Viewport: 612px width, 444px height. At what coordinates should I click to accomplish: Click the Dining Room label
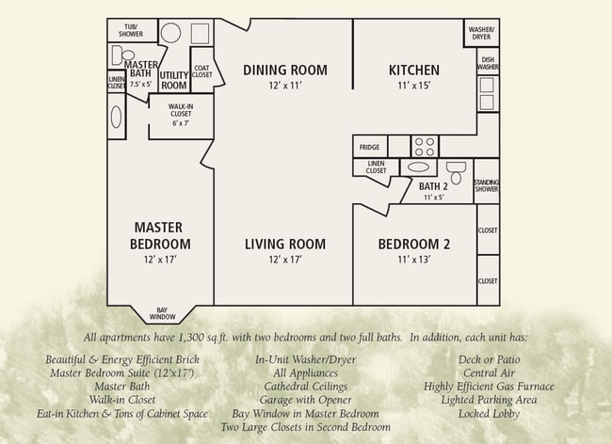coord(284,70)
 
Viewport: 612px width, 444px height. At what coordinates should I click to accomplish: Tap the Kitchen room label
coord(413,70)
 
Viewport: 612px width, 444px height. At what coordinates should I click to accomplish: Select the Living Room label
coord(284,245)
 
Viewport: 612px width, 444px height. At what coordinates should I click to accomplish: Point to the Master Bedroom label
coord(158,235)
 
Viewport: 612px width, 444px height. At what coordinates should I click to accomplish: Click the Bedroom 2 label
coord(413,245)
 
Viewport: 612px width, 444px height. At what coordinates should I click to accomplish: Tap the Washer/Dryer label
coord(481,33)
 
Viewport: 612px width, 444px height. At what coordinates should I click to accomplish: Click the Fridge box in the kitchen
coord(369,147)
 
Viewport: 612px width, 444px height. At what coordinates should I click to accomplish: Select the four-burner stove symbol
coord(425,147)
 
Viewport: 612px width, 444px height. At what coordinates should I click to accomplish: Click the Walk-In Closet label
coord(181,110)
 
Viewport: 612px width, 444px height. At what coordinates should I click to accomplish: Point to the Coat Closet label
coord(201,71)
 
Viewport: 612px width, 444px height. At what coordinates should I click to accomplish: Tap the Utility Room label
coord(174,79)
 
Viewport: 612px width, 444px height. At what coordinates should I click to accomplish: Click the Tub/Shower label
coord(131,30)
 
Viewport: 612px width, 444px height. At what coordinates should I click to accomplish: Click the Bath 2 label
coord(433,186)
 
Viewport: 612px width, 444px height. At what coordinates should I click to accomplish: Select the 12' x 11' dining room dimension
coord(284,86)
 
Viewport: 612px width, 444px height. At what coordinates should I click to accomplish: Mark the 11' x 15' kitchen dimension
coord(413,86)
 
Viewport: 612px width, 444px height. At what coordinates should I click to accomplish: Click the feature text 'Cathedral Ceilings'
coord(305,386)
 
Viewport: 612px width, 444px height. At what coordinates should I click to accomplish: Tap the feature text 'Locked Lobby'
coord(489,413)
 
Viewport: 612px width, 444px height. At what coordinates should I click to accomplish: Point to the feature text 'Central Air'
coord(489,373)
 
